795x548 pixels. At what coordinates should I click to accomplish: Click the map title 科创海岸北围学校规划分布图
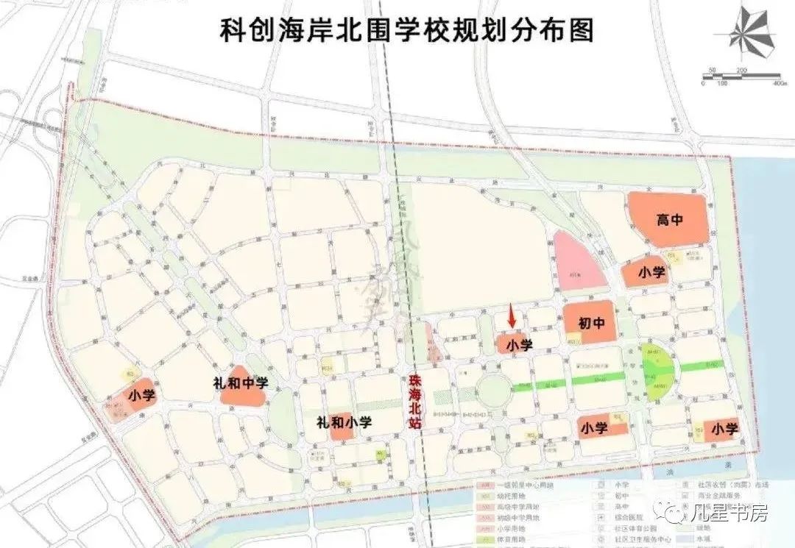coord(406,31)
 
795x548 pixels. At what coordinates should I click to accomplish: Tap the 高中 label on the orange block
coord(669,219)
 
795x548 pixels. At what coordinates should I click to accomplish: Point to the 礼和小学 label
coord(344,422)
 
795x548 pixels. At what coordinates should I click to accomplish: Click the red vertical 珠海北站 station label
coord(416,402)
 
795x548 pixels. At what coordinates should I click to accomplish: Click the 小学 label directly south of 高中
coord(651,272)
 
